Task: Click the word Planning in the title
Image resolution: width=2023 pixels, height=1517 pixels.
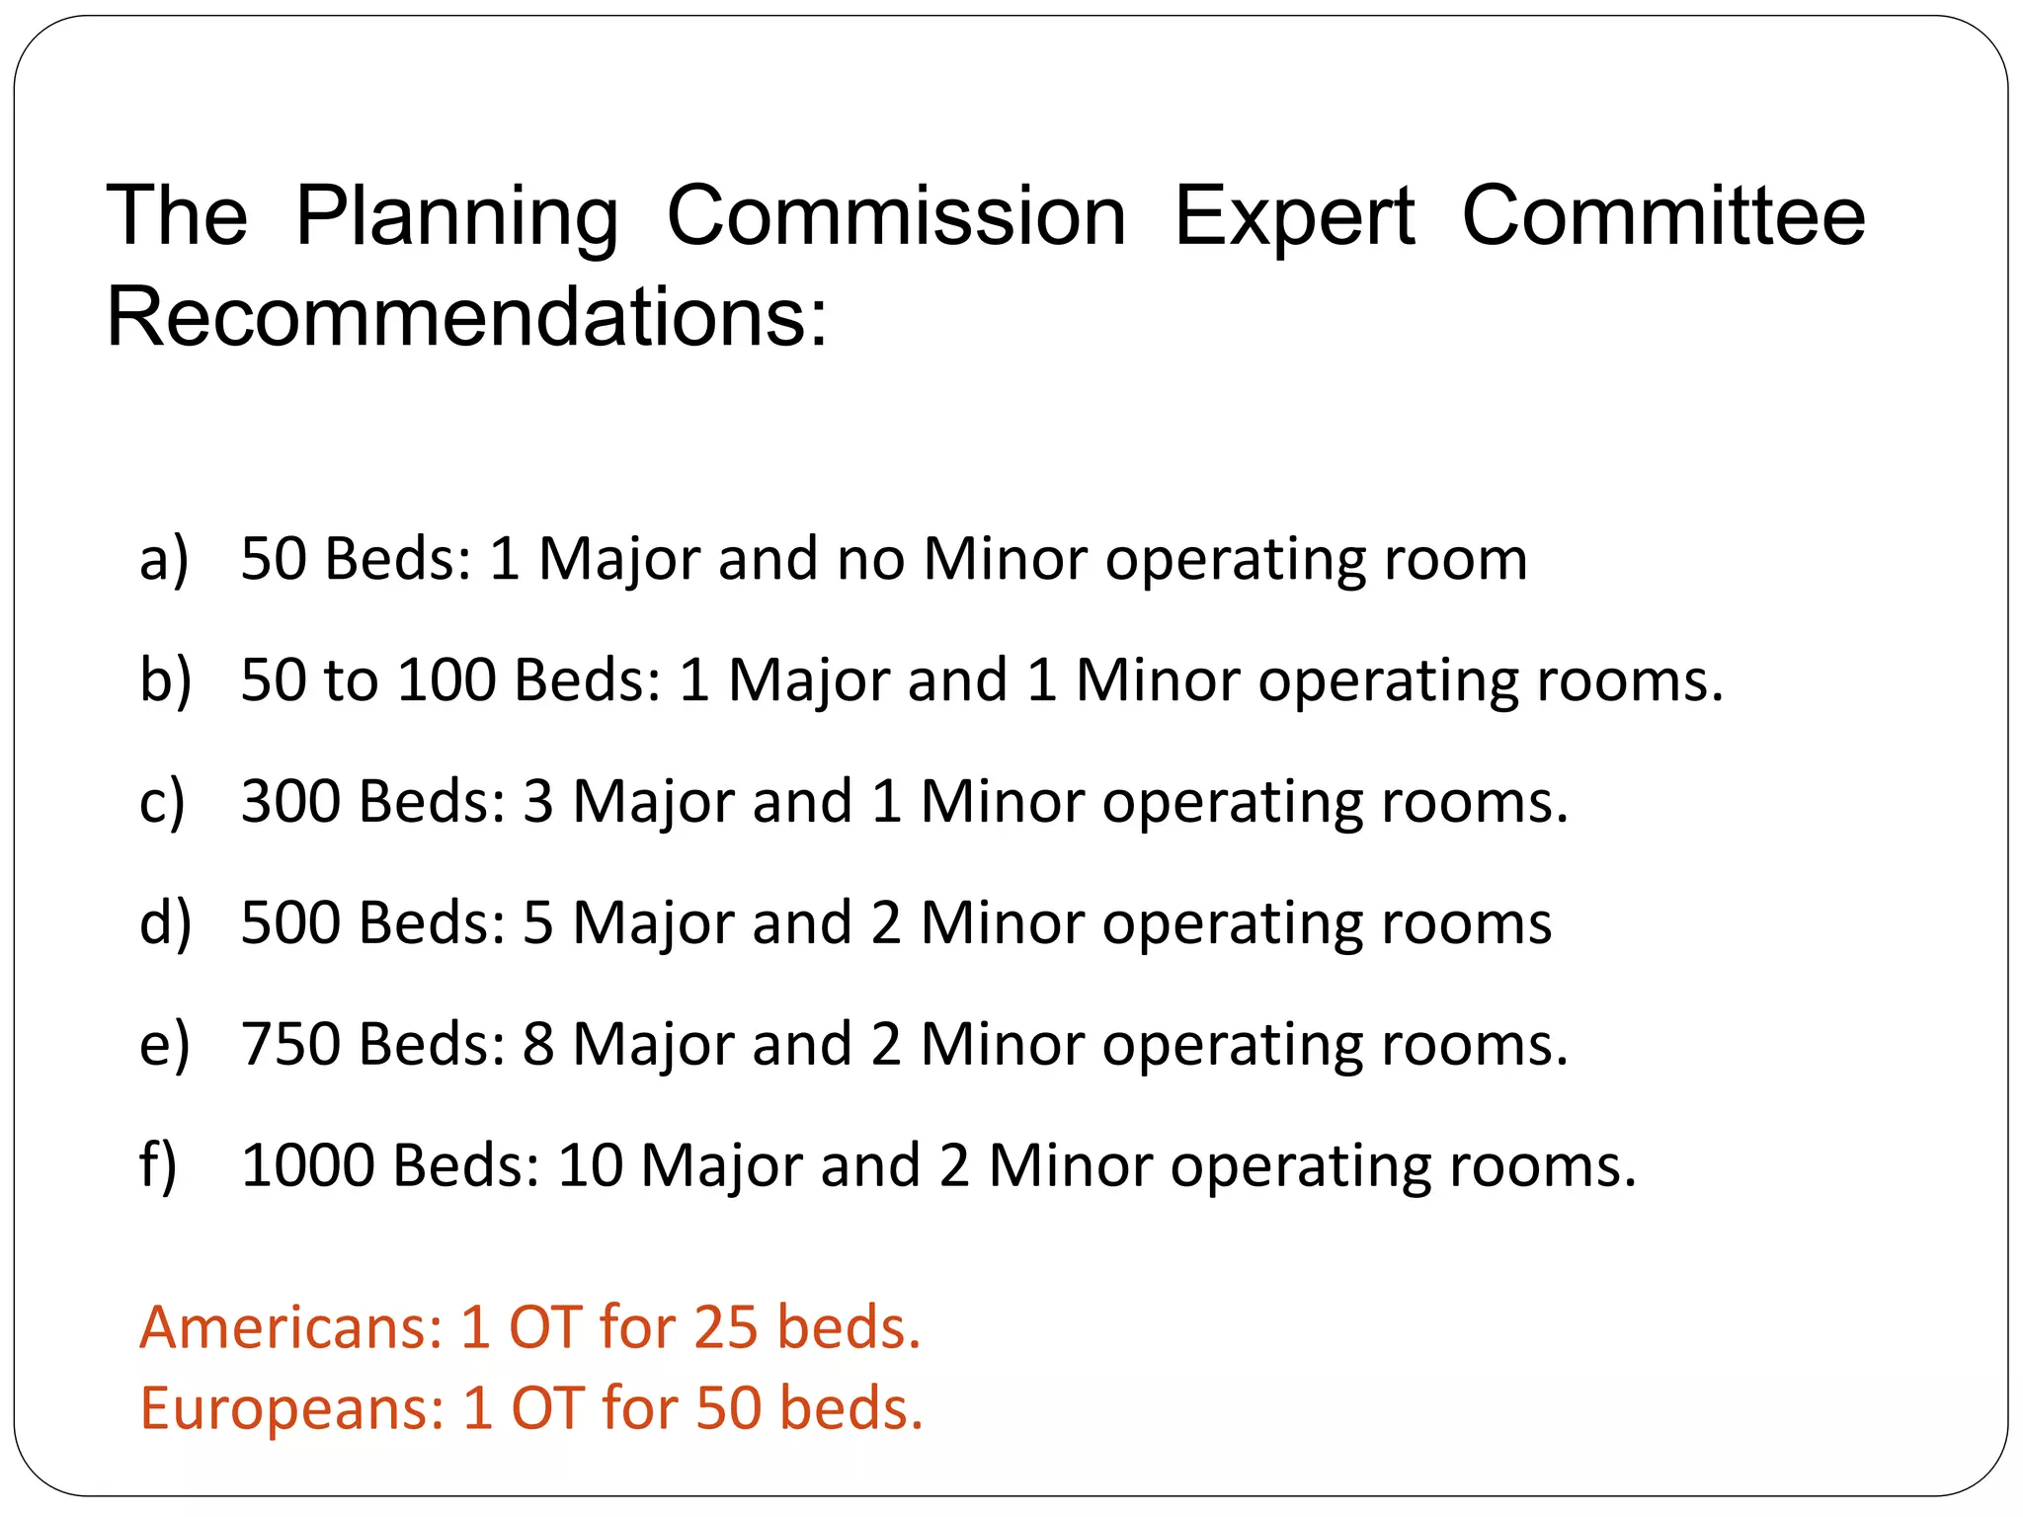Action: click(456, 217)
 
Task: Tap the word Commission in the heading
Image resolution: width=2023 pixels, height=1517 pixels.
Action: click(896, 217)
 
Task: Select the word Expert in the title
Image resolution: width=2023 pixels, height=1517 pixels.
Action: click(1294, 217)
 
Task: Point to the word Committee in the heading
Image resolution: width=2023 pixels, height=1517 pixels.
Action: click(1663, 217)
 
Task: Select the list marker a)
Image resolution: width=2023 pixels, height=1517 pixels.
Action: click(164, 559)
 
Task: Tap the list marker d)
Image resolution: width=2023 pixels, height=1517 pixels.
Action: click(165, 922)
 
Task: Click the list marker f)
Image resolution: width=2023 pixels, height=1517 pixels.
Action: click(158, 1165)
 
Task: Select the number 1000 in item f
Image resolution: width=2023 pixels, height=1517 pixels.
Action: click(307, 1165)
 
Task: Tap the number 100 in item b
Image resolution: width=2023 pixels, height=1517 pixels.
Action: click(445, 680)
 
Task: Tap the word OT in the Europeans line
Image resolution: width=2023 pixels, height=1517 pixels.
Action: click(547, 1407)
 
